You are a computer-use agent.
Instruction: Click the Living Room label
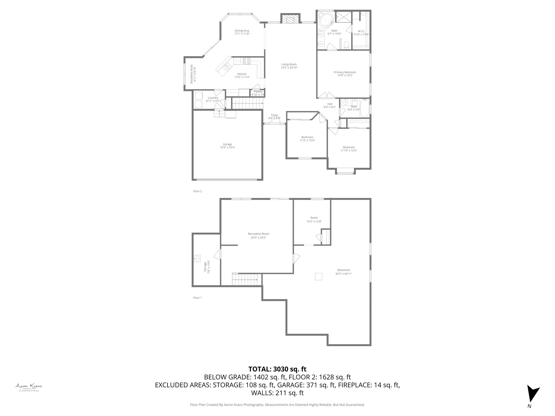pos(289,64)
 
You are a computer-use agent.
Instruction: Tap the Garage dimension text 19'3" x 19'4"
pos(227,148)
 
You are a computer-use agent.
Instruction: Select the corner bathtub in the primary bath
pos(325,19)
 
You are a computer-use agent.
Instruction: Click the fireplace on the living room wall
pos(290,19)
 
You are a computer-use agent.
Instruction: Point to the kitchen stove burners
pos(246,61)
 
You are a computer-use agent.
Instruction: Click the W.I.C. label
pos(361,31)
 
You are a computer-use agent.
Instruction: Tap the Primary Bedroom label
pos(345,72)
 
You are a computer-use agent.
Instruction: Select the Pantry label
pos(258,92)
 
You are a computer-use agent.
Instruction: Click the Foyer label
pos(274,115)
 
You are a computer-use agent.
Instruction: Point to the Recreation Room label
pos(258,234)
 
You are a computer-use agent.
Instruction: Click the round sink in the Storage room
pos(197,259)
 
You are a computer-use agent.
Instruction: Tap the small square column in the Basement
pos(318,277)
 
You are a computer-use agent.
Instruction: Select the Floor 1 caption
pos(197,298)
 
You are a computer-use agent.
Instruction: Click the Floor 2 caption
pos(197,191)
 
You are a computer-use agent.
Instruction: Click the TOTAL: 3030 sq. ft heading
pos(277,369)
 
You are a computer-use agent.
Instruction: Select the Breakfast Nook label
pos(191,74)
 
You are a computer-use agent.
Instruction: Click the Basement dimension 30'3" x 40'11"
pos(343,274)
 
